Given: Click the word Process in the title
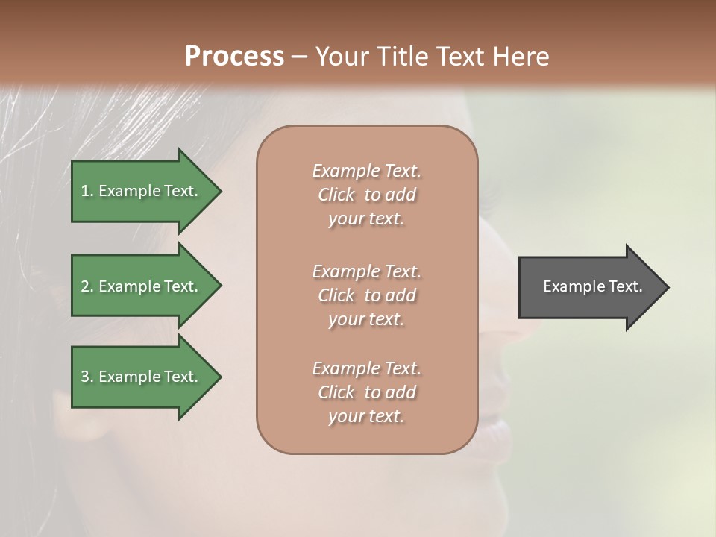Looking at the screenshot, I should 234,57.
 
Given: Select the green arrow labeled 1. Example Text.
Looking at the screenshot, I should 142,191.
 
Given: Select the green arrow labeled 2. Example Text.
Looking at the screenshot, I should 142,286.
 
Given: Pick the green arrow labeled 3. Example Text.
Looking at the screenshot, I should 142,377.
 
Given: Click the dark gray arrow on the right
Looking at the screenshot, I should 589,286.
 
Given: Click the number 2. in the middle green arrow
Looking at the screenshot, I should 87,286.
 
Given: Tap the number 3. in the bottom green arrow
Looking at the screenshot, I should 87,377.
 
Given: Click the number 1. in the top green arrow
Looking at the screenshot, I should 87,191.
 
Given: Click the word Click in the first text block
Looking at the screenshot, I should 336,195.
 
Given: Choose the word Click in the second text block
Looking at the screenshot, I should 336,295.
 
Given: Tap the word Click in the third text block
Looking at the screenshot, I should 336,392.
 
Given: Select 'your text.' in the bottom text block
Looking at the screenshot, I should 366,417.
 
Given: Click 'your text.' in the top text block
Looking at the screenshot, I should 366,219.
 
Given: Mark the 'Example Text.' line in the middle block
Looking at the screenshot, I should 366,271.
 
